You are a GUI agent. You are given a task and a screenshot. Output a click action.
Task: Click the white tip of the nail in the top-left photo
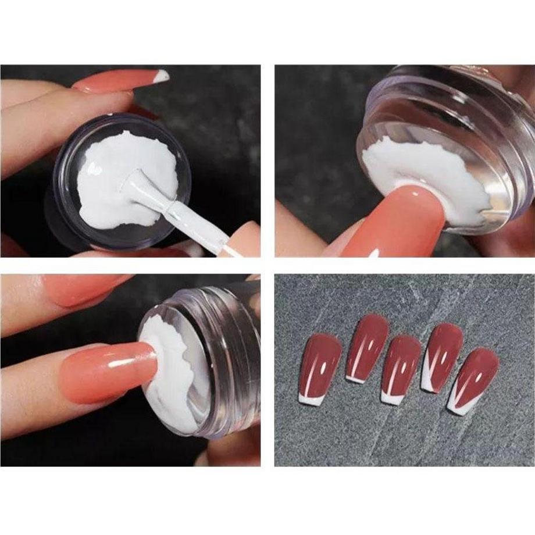coord(161,76)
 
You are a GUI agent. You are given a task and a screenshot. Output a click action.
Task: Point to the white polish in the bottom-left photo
coord(174,372)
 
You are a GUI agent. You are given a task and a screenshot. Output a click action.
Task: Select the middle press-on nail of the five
coord(401,363)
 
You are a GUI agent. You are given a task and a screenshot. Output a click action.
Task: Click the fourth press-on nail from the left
coord(443,352)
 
